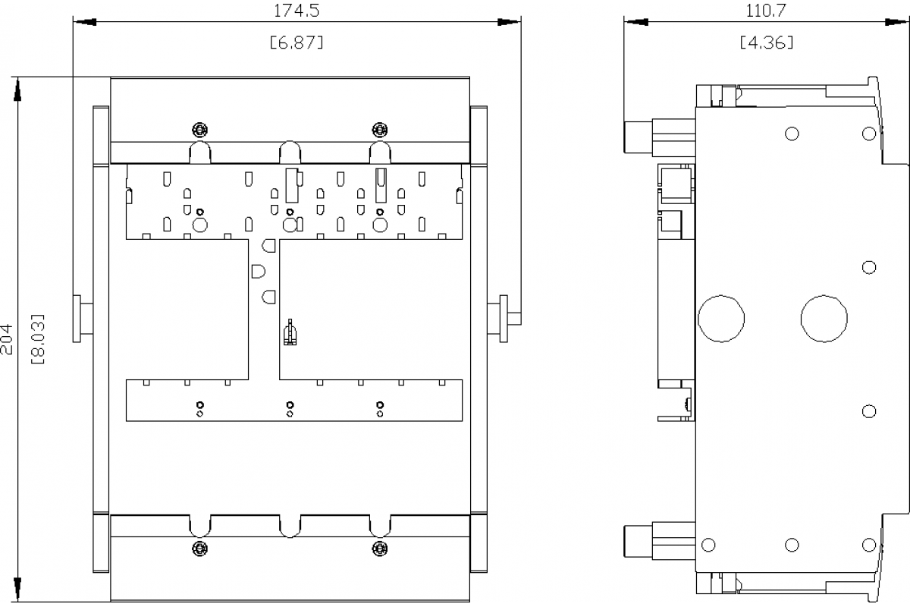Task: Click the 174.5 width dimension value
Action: [x=297, y=11]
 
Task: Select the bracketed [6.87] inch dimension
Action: [x=297, y=42]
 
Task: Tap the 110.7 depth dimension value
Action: [x=766, y=11]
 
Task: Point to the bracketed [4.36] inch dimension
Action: [x=766, y=42]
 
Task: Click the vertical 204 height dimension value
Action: [x=7, y=339]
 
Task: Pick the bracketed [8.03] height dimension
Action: [x=38, y=339]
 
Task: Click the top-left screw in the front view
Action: [x=200, y=130]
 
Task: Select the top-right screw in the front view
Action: [x=380, y=130]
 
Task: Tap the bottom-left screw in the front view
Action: [x=200, y=549]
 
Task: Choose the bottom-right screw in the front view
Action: [x=380, y=549]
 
